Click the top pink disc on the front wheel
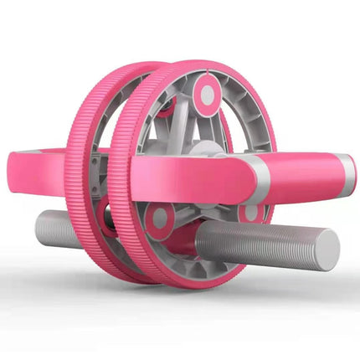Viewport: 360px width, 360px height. point(205,94)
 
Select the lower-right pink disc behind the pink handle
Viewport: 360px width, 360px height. point(251,212)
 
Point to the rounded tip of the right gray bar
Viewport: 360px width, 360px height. point(332,249)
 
